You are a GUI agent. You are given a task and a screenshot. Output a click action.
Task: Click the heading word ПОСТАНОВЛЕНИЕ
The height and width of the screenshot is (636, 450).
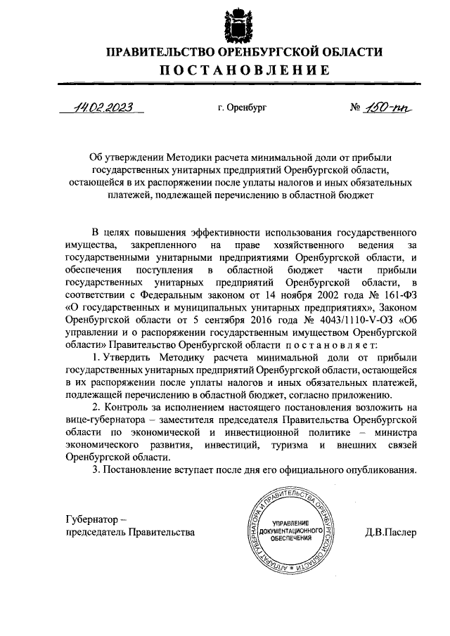(x=243, y=70)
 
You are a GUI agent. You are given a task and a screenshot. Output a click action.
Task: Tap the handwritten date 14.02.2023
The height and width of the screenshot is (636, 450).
(x=108, y=108)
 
